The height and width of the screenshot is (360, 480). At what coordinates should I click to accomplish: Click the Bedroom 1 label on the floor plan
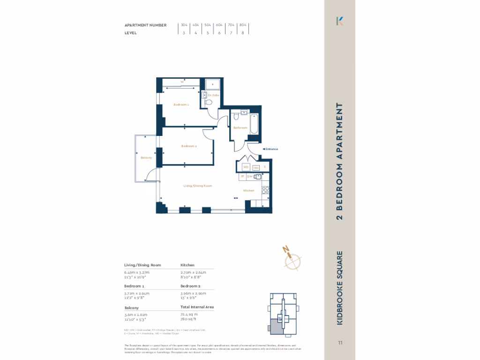181,105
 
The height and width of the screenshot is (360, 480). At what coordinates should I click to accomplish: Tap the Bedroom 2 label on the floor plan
189,146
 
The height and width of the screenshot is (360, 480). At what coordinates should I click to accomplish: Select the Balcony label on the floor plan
146,157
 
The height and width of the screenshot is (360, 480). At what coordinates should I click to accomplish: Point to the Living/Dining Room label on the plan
198,186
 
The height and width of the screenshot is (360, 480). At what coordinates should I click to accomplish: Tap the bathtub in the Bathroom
254,125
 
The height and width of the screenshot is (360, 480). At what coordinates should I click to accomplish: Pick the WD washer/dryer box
245,167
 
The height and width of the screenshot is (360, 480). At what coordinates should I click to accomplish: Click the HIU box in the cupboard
256,167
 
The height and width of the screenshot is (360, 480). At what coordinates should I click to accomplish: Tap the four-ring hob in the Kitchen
265,190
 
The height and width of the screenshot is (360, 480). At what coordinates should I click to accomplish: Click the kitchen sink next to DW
257,177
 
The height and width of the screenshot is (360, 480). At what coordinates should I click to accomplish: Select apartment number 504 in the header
208,25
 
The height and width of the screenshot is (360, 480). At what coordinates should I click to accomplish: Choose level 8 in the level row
242,33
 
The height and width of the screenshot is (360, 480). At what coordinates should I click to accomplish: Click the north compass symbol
293,258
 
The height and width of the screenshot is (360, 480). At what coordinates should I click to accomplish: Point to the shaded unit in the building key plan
276,326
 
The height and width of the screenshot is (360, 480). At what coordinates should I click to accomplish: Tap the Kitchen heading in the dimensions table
187,265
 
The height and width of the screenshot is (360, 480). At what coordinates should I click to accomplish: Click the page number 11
340,343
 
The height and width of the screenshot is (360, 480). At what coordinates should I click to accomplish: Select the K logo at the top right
340,21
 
